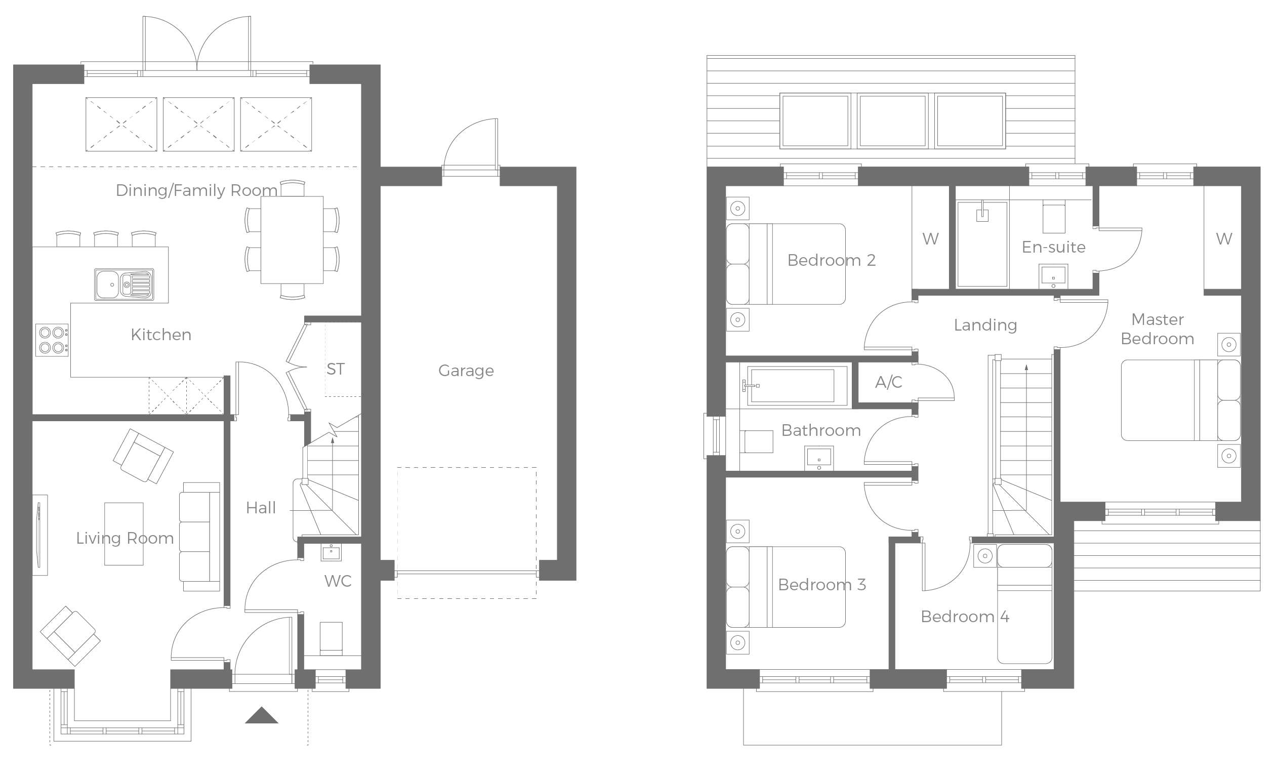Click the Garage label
click(466, 371)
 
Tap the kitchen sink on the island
click(123, 284)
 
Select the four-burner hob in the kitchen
click(52, 340)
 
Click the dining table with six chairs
click(292, 239)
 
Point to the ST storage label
click(336, 369)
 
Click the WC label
click(338, 581)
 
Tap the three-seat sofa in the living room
click(199, 536)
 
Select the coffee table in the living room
click(123, 533)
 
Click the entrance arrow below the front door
click(261, 715)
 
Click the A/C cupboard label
click(889, 383)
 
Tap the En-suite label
click(1053, 247)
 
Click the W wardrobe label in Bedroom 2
click(930, 239)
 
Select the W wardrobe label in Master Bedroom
click(1223, 239)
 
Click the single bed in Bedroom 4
click(1024, 603)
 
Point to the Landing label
click(985, 326)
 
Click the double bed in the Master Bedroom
click(1180, 400)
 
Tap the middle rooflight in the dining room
click(198, 125)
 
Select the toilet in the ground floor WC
click(331, 637)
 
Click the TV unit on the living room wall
click(40, 535)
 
